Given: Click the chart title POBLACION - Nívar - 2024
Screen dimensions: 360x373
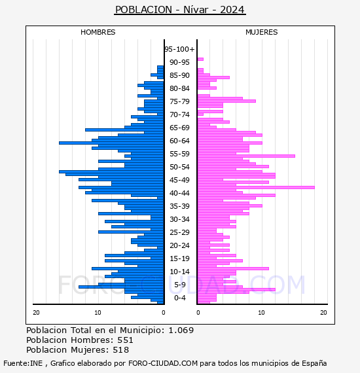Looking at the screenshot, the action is coord(180,10).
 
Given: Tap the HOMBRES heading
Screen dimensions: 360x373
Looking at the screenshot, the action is coord(98,32).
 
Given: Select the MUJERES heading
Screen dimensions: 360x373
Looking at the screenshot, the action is coord(262,32).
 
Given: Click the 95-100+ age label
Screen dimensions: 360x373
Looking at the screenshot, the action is coord(179,49).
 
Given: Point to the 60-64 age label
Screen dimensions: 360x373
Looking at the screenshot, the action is coord(179,141).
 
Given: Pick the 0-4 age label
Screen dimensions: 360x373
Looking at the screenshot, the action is coord(180,298).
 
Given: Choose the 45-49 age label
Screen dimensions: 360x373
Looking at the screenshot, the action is coord(179,180).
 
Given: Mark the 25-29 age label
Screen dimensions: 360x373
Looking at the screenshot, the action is coord(179,232).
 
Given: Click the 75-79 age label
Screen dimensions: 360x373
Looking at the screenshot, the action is coord(179,101).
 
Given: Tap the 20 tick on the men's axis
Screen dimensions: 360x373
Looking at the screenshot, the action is coord(36,313).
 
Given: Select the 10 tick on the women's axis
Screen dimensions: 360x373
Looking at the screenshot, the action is coord(262,313).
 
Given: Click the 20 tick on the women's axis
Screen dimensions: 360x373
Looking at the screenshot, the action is coord(323,313).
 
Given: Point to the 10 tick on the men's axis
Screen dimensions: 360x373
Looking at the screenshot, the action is coord(98,313).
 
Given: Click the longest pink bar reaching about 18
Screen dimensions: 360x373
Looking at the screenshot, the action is coord(256,187).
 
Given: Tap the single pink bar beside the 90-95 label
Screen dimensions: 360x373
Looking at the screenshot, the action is coord(200,60).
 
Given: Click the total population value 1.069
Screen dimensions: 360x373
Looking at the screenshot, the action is coord(181,330).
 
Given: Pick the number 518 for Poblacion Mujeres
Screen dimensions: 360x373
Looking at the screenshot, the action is coord(121,350).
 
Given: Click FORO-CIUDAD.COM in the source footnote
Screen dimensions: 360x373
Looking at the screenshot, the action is coord(163,363).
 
